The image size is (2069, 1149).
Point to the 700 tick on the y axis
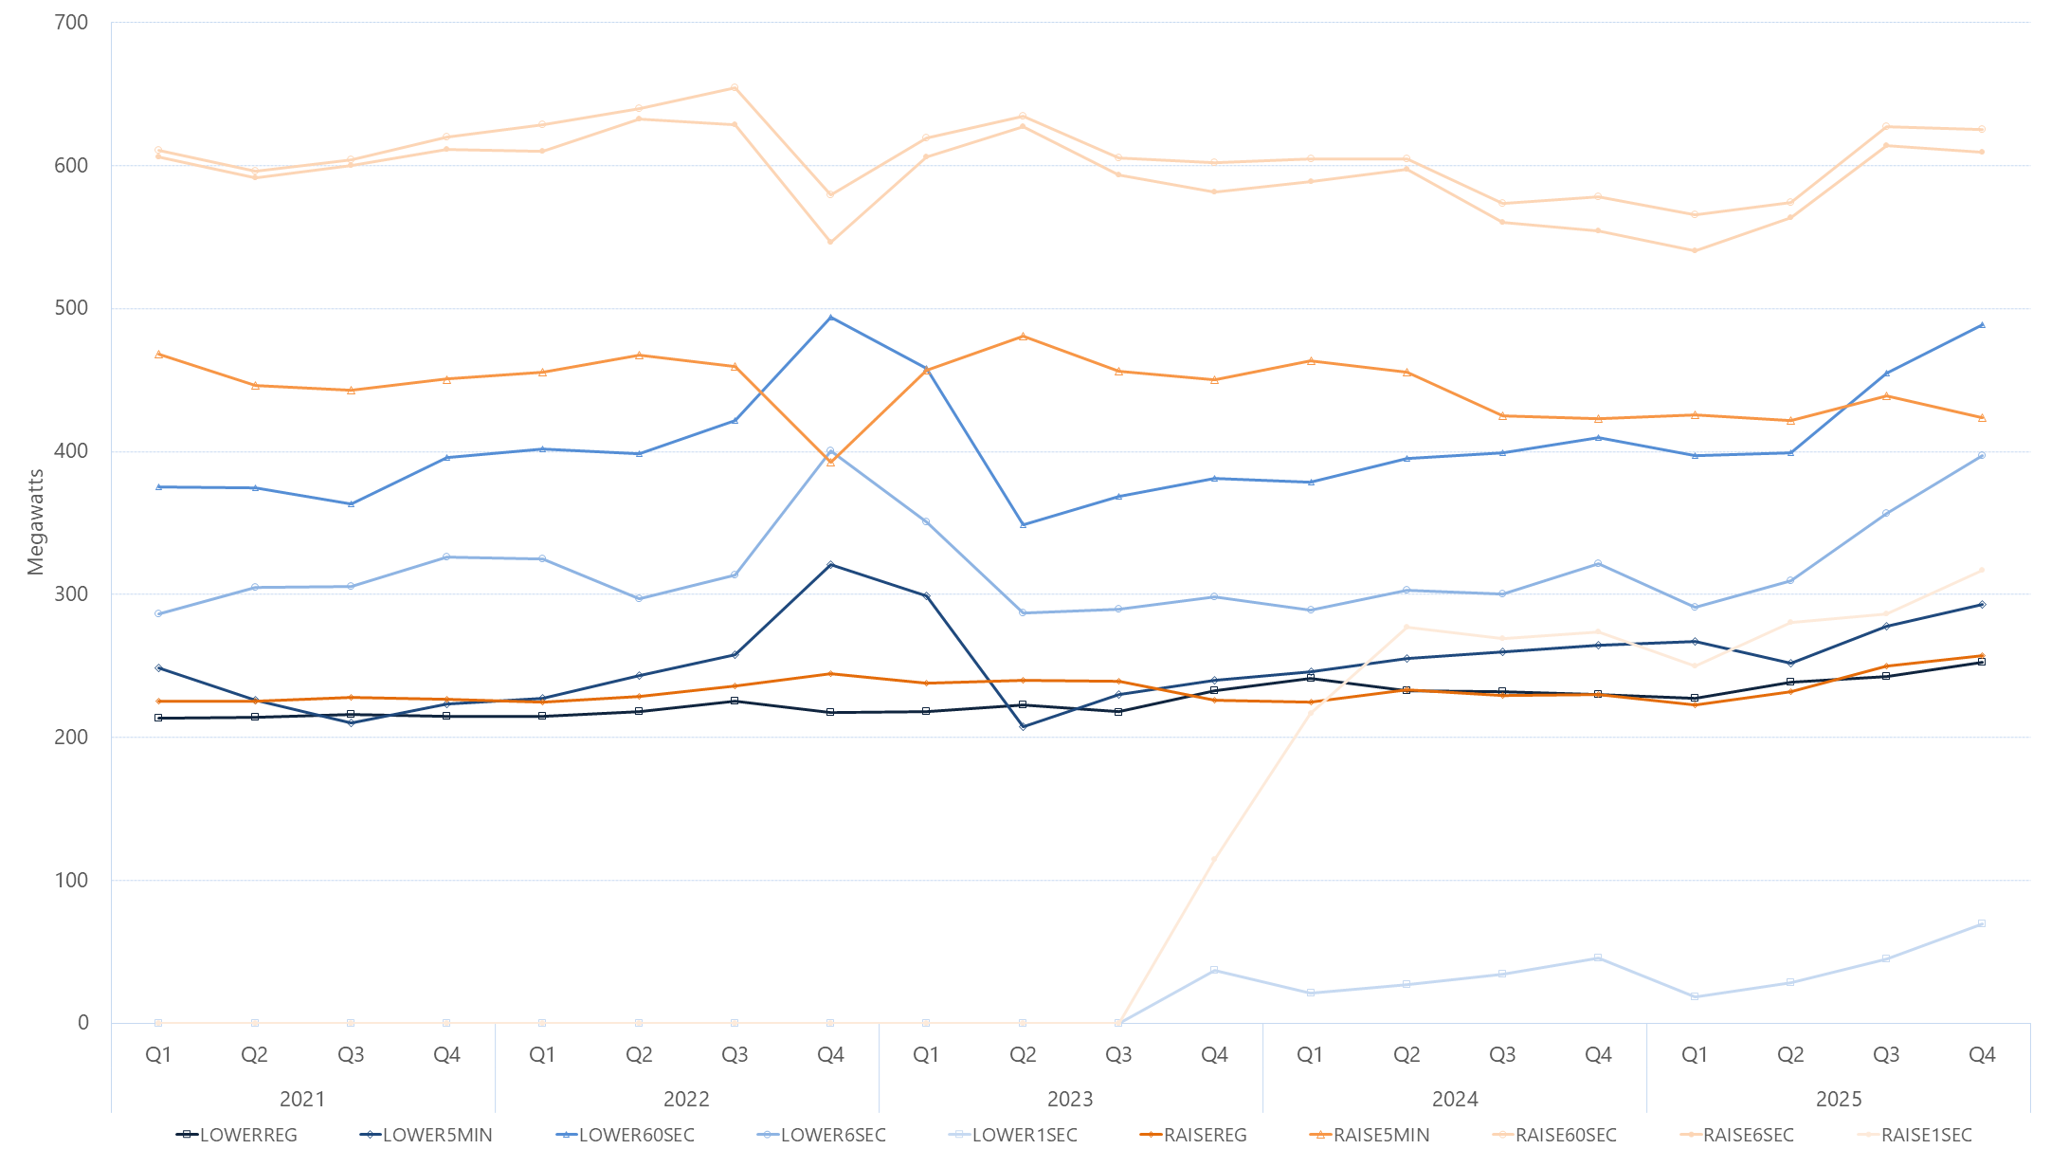tap(72, 23)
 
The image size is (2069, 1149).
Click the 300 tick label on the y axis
tap(72, 594)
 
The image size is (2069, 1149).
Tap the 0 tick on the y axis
tap(83, 1023)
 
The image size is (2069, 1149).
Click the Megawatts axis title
tap(36, 522)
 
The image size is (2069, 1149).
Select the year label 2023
tap(1070, 1099)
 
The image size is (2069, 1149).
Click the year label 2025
tap(1839, 1099)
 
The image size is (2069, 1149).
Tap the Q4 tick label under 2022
tap(830, 1055)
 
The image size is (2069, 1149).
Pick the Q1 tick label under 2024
tap(1310, 1055)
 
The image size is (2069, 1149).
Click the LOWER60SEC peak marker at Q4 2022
tap(830, 318)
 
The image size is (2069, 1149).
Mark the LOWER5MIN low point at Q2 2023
tap(1023, 727)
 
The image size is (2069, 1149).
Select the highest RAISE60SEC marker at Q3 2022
tap(735, 88)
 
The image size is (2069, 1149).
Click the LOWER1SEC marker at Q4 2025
tap(1982, 923)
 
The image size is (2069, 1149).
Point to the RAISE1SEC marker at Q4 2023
tap(1214, 860)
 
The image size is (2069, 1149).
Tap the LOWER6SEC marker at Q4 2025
tap(1982, 456)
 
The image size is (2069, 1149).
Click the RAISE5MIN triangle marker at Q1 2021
tap(158, 355)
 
